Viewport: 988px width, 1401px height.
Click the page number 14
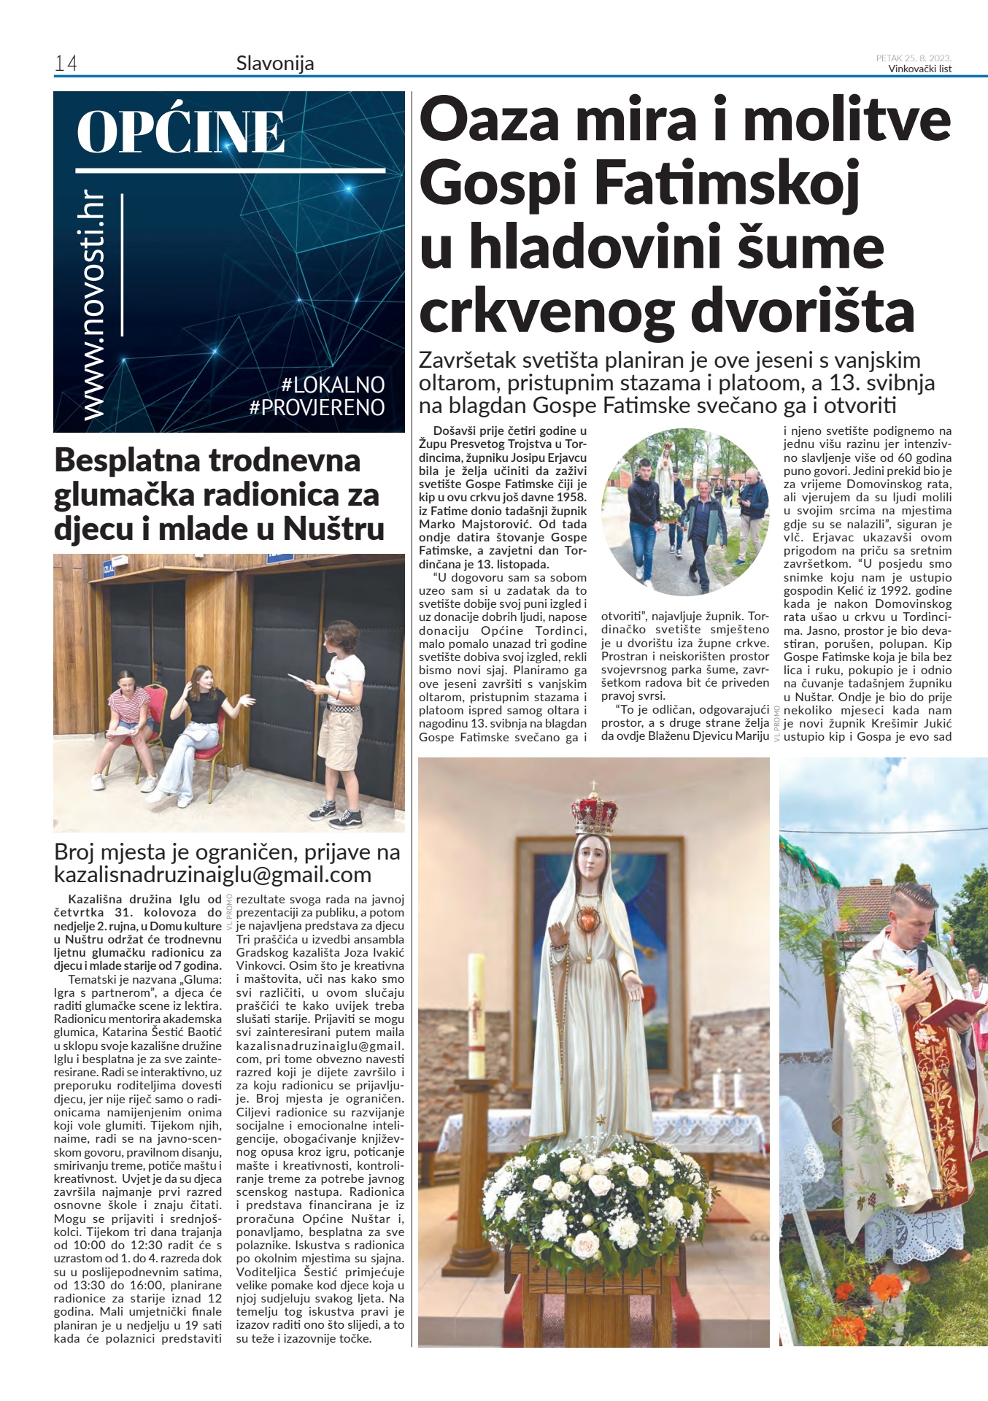click(66, 64)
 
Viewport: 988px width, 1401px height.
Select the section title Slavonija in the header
click(275, 63)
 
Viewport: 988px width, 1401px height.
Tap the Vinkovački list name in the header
click(919, 69)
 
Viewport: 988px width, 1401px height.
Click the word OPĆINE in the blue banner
click(180, 132)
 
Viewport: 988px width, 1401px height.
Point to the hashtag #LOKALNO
click(333, 385)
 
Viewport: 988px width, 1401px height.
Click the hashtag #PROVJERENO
click(317, 407)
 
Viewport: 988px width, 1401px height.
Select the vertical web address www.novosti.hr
click(93, 306)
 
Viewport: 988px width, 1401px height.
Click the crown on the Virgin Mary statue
click(594, 811)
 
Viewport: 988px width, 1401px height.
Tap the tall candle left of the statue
click(476, 1014)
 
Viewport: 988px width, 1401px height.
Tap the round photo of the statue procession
click(685, 512)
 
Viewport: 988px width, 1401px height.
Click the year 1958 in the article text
click(571, 497)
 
